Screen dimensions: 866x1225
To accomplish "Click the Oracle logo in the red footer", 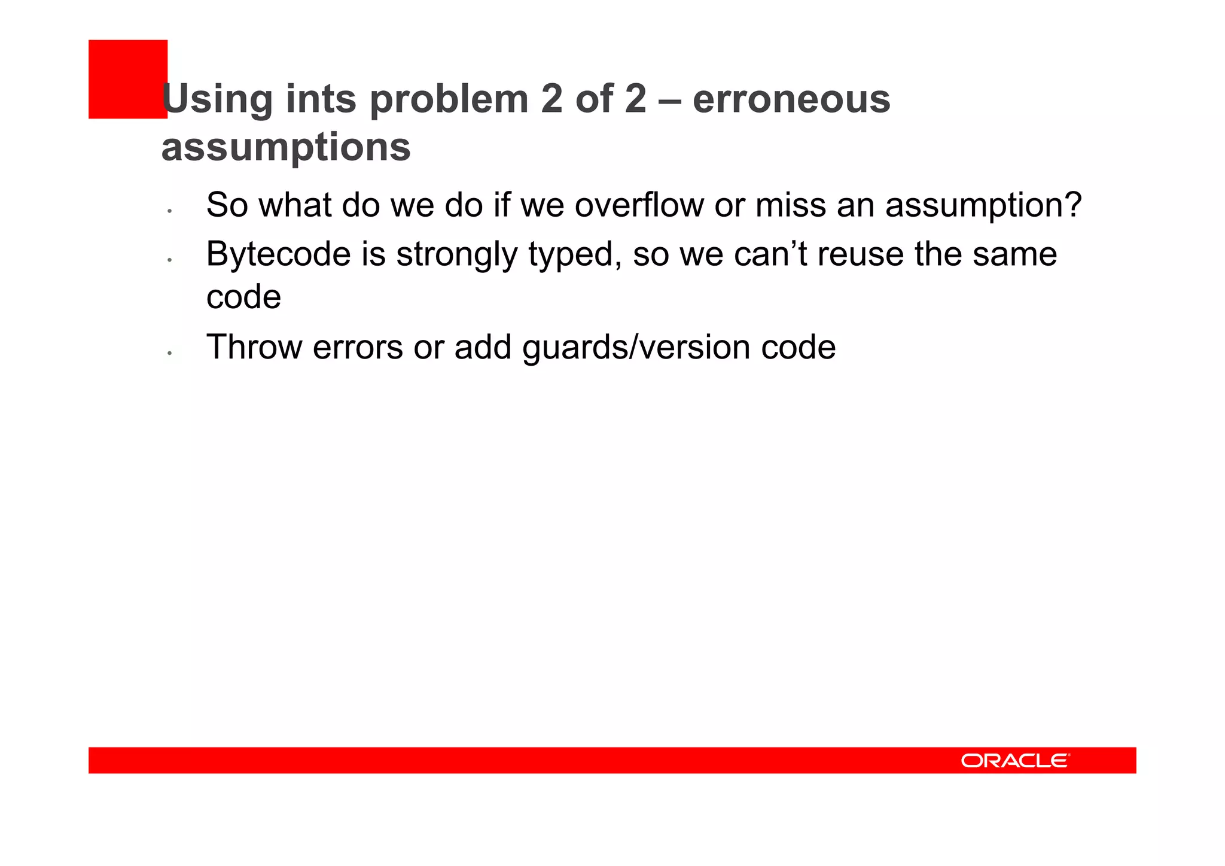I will click(x=1015, y=760).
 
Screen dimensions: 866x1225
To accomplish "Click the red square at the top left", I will click(x=127, y=78).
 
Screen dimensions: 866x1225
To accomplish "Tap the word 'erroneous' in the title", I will click(x=791, y=99).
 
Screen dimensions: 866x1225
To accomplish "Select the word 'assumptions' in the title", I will click(x=286, y=147).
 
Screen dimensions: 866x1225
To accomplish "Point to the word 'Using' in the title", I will click(x=217, y=99).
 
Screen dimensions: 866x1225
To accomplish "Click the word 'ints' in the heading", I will click(x=321, y=99).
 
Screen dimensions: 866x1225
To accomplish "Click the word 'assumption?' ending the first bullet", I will click(x=983, y=205).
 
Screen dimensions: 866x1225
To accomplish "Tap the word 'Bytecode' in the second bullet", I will click(x=278, y=254).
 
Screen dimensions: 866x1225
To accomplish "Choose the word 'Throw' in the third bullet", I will click(x=254, y=347).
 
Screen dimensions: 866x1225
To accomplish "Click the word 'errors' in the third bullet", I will click(x=358, y=347).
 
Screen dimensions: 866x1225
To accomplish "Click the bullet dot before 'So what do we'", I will click(x=170, y=211).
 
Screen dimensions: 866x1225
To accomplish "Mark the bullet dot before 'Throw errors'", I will click(x=170, y=354).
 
